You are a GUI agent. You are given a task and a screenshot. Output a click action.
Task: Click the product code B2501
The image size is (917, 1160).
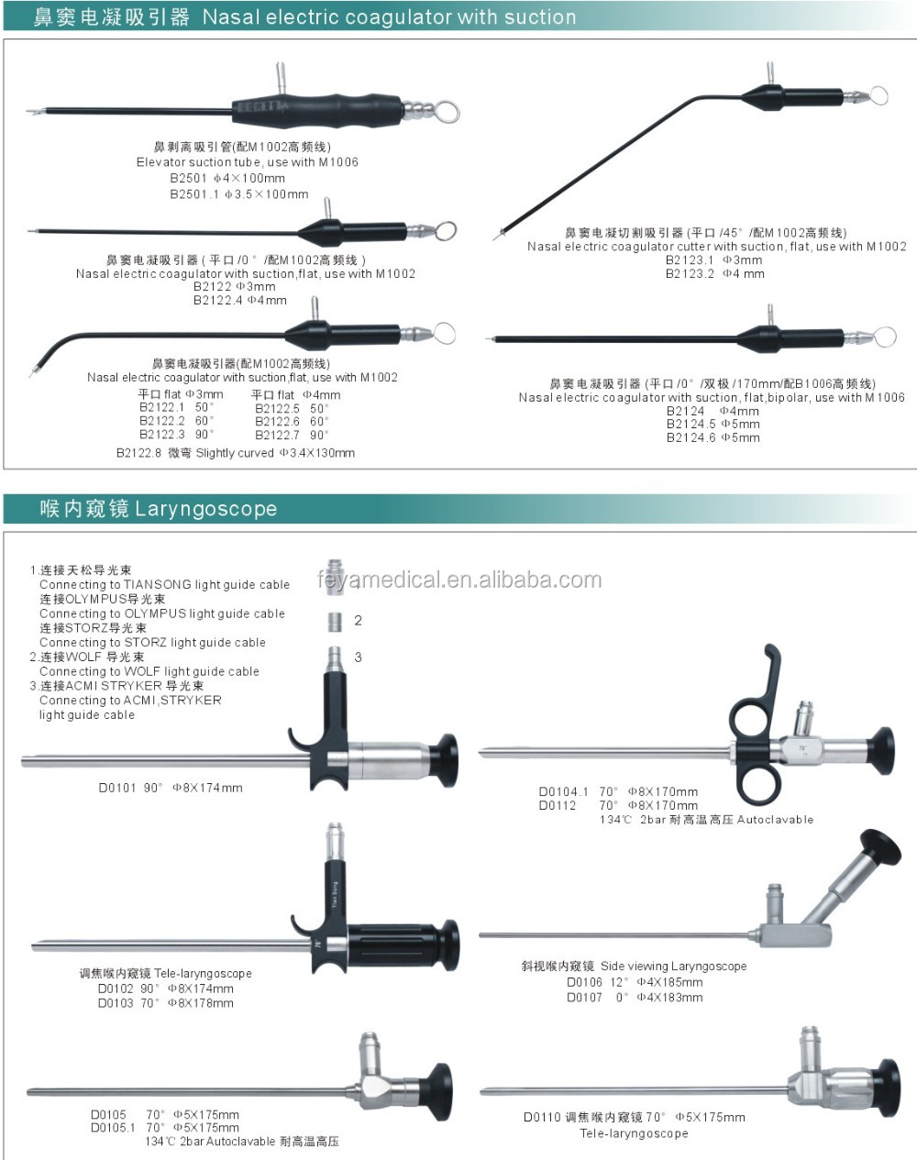coord(188,179)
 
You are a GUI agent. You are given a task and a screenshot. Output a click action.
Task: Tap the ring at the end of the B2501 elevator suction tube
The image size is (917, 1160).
coord(447,112)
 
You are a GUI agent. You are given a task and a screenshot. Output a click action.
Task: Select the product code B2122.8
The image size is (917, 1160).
coord(138,453)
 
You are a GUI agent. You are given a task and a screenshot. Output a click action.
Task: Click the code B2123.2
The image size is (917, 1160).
coord(690,274)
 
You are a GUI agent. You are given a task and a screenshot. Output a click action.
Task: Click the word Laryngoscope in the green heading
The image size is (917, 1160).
coord(205,509)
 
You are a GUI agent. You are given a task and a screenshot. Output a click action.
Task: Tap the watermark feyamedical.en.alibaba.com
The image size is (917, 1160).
coord(459,580)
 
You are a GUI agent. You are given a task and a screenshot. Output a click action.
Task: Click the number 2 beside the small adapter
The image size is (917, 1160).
coord(358,621)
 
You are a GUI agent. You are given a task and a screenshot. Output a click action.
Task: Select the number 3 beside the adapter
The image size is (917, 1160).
coord(358,657)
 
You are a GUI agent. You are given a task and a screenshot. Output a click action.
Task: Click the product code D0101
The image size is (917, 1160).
coord(117,788)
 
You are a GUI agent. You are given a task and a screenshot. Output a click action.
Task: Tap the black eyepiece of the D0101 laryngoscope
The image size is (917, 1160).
coord(446,759)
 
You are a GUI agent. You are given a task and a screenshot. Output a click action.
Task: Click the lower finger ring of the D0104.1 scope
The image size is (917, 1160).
coord(761,784)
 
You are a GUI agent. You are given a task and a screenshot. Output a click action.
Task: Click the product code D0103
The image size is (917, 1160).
coord(116,1003)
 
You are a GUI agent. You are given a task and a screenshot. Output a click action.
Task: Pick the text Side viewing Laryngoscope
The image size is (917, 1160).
coord(673,967)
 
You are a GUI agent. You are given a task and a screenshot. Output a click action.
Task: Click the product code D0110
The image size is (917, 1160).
coord(542,1118)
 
